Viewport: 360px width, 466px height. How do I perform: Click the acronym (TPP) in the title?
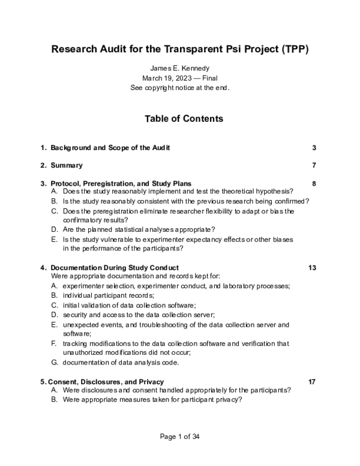click(293, 49)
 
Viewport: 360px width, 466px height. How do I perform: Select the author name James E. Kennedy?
click(180, 68)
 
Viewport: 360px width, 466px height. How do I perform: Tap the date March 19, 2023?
click(166, 77)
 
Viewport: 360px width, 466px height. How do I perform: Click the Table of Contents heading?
click(184, 119)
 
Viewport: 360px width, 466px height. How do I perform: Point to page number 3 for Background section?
click(314, 148)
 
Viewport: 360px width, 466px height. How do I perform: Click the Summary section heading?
click(67, 165)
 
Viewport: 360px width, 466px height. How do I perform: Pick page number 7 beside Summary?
click(314, 165)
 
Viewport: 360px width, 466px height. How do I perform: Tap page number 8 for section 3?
click(314, 183)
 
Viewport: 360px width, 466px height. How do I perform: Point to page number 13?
click(312, 267)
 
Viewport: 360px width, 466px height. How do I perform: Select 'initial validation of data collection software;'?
click(128, 305)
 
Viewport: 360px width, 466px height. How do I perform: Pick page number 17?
click(312, 381)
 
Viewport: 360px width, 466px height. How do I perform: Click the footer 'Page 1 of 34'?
click(179, 437)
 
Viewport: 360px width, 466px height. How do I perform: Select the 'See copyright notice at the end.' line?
click(180, 87)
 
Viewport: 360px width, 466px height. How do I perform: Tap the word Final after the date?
click(208, 77)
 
